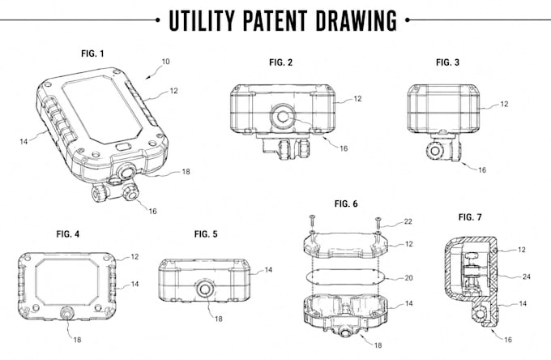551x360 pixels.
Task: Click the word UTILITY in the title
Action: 201,20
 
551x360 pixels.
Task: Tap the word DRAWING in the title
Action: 356,20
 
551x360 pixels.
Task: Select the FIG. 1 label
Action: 92,54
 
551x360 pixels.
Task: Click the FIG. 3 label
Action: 447,62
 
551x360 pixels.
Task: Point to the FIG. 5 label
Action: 206,234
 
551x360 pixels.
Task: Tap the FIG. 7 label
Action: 470,217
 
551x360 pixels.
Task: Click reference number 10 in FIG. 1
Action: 165,62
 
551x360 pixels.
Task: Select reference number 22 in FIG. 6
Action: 408,221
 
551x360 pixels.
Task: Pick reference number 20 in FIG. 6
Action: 408,278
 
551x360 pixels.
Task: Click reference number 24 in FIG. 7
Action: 527,276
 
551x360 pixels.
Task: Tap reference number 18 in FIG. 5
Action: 219,319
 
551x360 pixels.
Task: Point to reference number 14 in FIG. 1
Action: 23,141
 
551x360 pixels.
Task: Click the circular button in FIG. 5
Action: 205,289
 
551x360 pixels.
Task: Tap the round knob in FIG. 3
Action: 435,151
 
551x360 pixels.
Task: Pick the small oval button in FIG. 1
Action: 122,146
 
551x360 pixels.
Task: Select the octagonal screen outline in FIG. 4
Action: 67,282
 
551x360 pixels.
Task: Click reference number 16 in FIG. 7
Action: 508,339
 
